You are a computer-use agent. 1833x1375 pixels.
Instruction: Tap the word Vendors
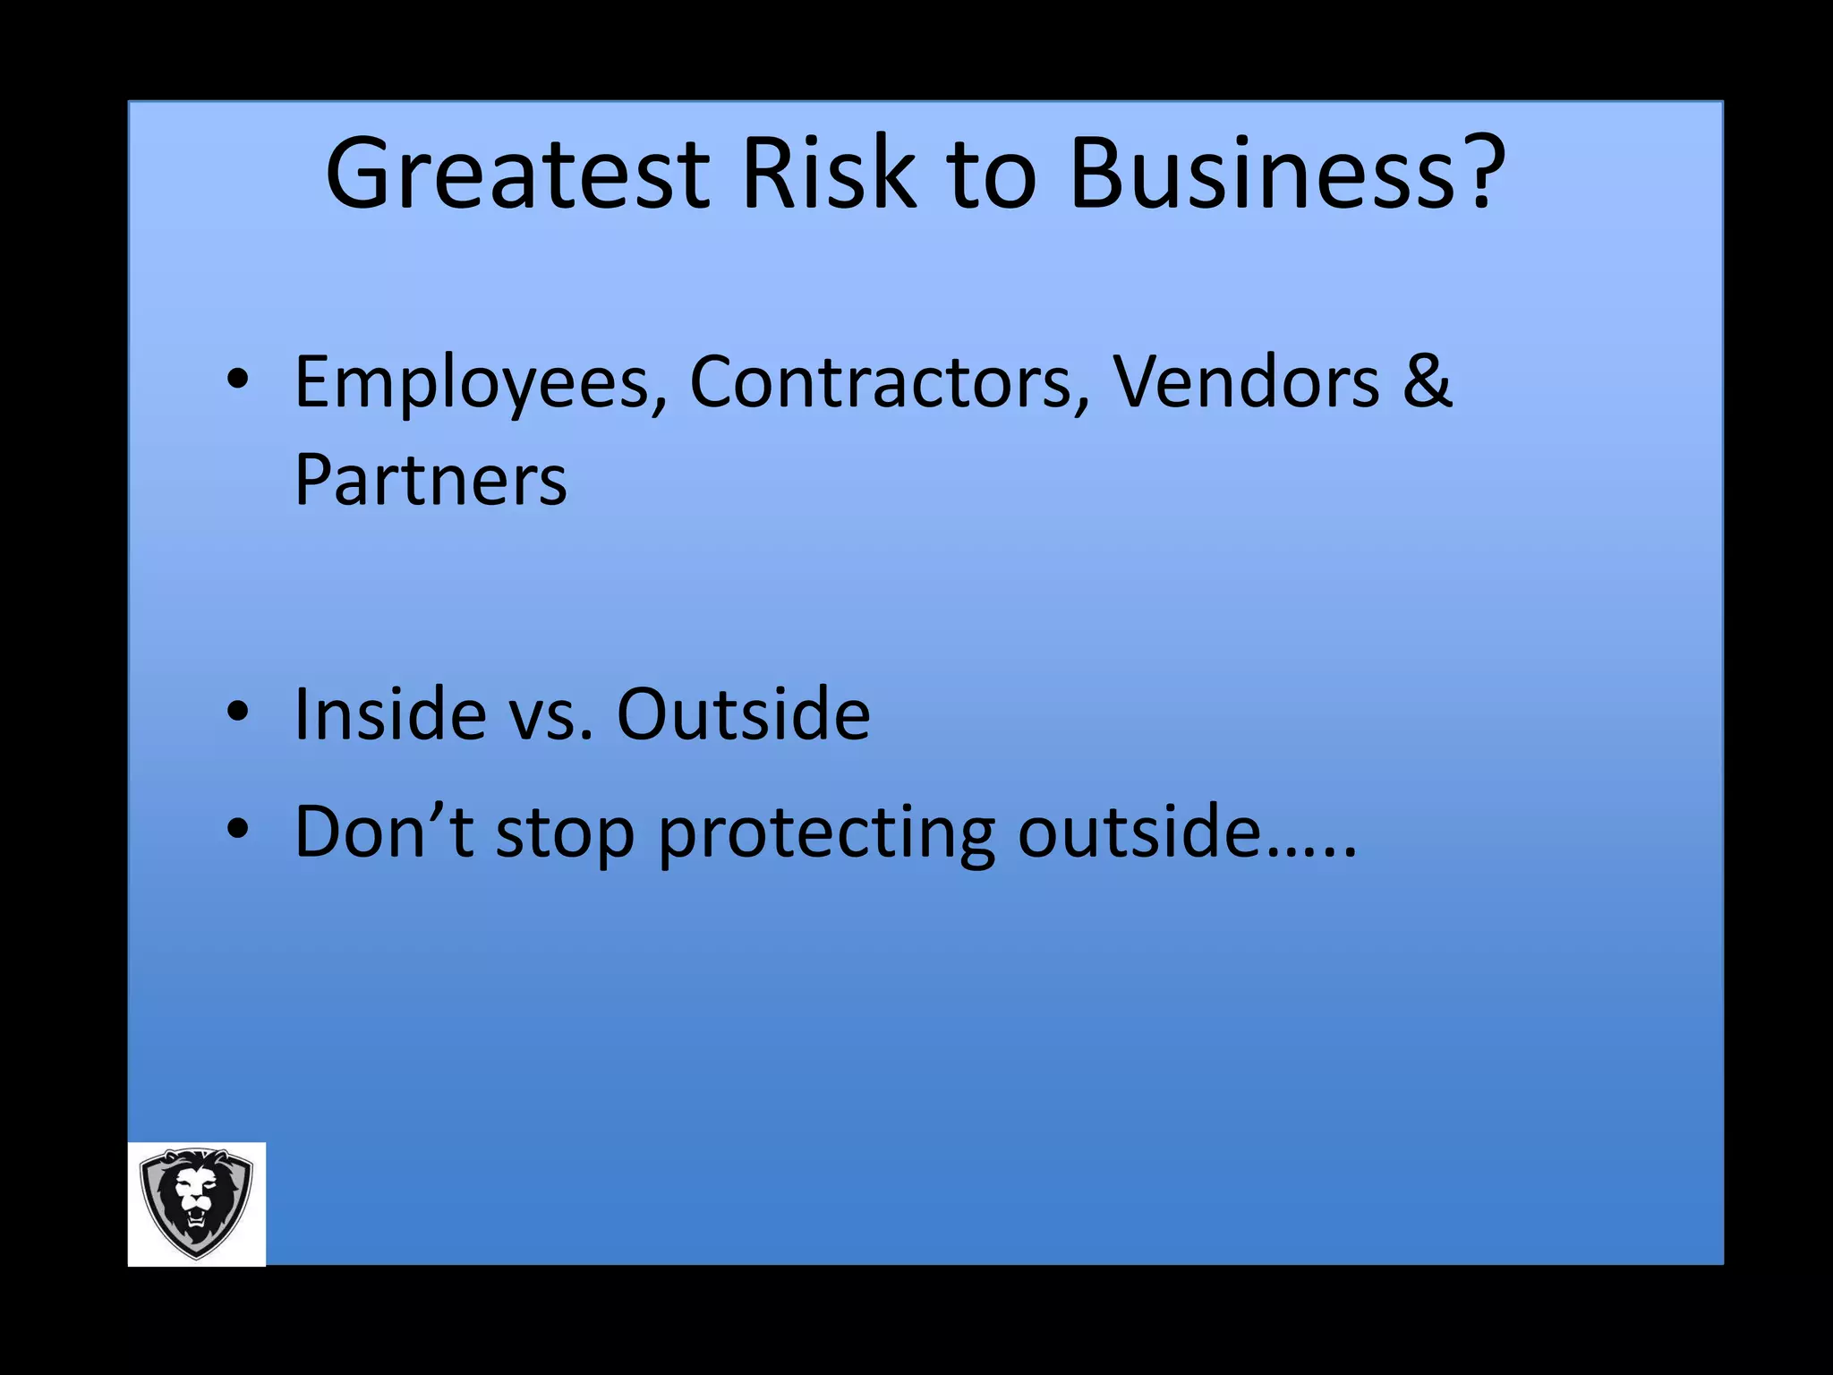pyautogui.click(x=1245, y=383)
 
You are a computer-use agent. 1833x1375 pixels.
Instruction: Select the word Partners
pyautogui.click(x=431, y=481)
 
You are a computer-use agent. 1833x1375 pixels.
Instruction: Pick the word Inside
pyautogui.click(x=390, y=714)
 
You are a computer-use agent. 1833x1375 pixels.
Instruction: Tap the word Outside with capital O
pyautogui.click(x=743, y=714)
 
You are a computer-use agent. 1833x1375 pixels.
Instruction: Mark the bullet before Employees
pyautogui.click(x=237, y=380)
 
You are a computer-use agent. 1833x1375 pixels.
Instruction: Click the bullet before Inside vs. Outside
pyautogui.click(x=237, y=712)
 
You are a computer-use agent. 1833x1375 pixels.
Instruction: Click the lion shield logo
pyautogui.click(x=197, y=1203)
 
